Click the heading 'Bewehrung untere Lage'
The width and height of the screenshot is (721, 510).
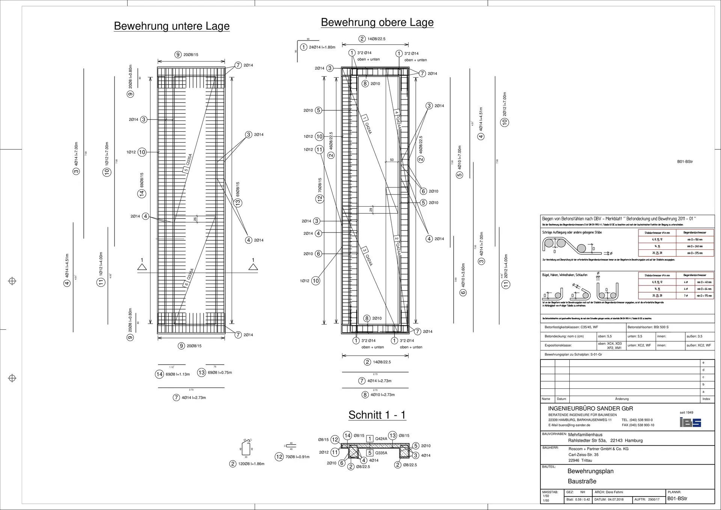[x=172, y=26]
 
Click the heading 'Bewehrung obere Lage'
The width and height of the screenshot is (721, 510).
[x=377, y=22]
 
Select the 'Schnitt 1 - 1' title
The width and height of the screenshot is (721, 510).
[x=377, y=415]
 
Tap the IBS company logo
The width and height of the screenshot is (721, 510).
[x=690, y=422]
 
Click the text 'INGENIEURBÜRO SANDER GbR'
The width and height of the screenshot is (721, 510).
[x=590, y=409]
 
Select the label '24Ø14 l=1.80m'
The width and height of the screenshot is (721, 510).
[x=322, y=47]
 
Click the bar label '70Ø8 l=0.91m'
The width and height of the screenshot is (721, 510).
[x=297, y=457]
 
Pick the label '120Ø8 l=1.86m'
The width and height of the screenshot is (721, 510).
[x=251, y=464]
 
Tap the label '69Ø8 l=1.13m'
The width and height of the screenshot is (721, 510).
[x=178, y=374]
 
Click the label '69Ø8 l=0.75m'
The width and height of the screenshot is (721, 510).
[x=220, y=373]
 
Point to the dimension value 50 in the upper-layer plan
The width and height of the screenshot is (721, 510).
[x=392, y=160]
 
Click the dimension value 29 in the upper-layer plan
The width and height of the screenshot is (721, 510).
[x=371, y=210]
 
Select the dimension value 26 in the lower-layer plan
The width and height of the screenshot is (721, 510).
[x=195, y=219]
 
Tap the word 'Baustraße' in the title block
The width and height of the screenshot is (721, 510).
[x=582, y=481]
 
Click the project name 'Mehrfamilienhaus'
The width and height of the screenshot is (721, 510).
[x=585, y=435]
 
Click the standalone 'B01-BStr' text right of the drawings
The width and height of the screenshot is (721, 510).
[x=685, y=161]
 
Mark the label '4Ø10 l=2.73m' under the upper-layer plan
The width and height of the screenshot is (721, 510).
[x=382, y=395]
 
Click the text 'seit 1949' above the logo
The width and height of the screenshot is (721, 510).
[x=686, y=412]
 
